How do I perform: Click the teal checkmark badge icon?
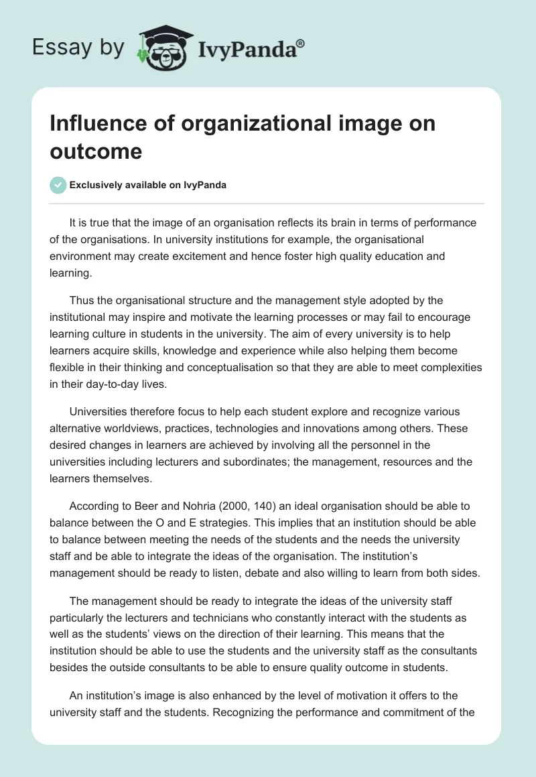tap(58, 185)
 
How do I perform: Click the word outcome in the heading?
tap(96, 151)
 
